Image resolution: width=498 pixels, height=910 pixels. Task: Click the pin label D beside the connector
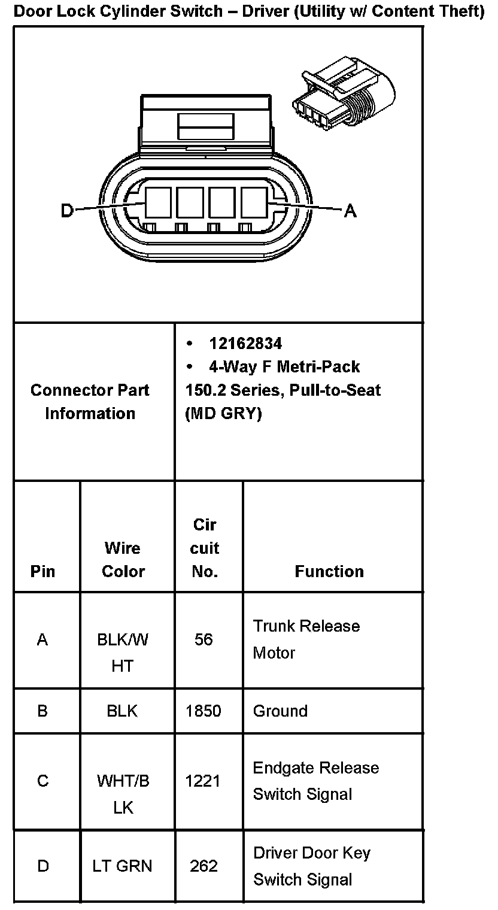click(x=67, y=210)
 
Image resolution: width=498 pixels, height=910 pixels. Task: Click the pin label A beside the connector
click(x=350, y=210)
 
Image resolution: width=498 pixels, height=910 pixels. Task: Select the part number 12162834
click(x=245, y=344)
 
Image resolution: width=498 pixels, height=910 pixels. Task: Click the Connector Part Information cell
click(x=90, y=402)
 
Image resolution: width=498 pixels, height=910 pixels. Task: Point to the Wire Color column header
click(x=123, y=559)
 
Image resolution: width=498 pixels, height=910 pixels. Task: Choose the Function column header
click(x=329, y=571)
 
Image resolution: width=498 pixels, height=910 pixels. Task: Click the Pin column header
click(x=42, y=571)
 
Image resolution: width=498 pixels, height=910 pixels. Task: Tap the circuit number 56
click(x=204, y=639)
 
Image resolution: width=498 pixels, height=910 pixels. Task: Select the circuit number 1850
click(x=204, y=711)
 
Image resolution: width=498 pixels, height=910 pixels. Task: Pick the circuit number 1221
click(x=204, y=781)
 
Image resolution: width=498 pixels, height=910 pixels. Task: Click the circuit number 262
click(x=204, y=866)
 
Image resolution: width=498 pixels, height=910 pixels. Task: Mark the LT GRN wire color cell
click(x=123, y=866)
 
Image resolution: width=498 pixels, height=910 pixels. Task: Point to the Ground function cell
click(x=280, y=711)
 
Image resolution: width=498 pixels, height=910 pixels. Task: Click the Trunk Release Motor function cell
click(x=306, y=639)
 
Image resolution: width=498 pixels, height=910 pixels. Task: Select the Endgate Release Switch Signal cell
click(x=315, y=781)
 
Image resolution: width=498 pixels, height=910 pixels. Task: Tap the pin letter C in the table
click(x=42, y=781)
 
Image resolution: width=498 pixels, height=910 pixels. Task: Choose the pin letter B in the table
click(x=42, y=711)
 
